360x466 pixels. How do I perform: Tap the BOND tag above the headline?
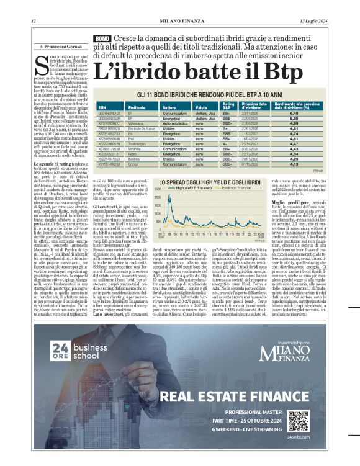(x=102, y=38)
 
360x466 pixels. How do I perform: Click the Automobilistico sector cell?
(x=176, y=123)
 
